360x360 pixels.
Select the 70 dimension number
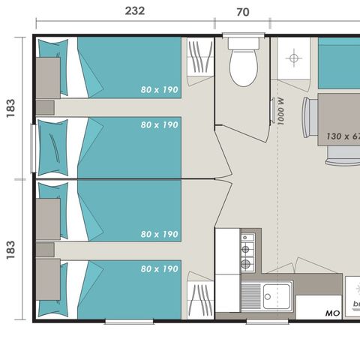242,12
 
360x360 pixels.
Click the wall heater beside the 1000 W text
271,110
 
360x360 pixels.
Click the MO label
332,313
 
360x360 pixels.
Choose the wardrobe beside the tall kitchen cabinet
199,300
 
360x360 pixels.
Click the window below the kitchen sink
266,321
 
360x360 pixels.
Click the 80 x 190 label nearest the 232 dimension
159,90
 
